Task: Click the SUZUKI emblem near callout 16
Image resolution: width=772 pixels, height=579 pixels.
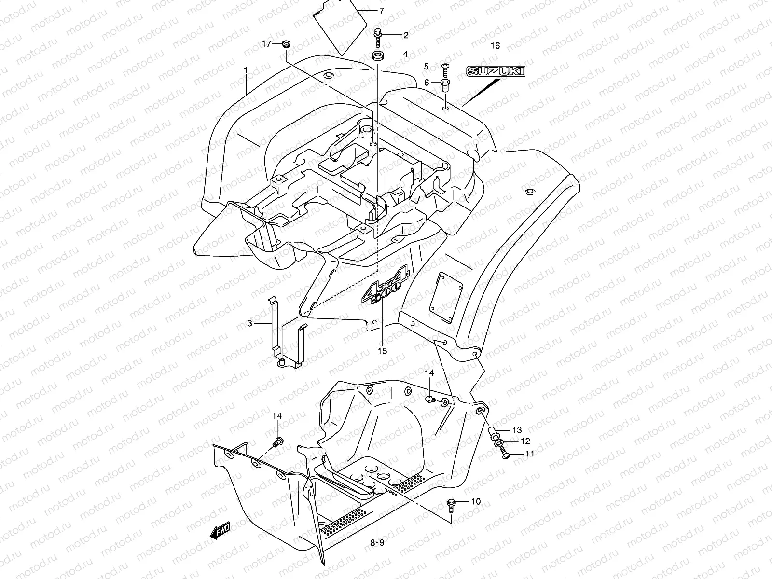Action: click(x=495, y=72)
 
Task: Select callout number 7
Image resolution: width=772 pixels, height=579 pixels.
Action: click(x=381, y=11)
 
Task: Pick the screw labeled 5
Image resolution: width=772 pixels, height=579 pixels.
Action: click(x=445, y=69)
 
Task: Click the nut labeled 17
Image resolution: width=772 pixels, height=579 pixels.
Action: click(x=286, y=44)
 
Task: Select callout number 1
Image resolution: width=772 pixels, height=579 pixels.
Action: click(x=246, y=70)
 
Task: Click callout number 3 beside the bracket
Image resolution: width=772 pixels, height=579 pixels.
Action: click(x=250, y=323)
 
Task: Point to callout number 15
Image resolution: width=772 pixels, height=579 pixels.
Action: click(x=382, y=351)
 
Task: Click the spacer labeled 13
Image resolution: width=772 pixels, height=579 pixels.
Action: click(x=495, y=431)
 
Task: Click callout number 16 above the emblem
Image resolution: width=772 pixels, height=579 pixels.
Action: click(x=495, y=46)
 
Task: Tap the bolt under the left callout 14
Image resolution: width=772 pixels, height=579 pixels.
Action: click(x=278, y=441)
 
